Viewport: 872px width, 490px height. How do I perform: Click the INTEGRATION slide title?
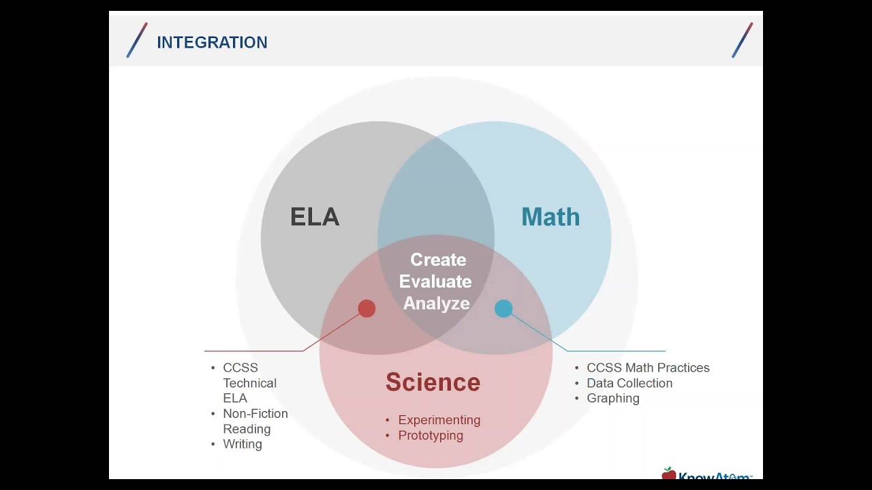(x=212, y=42)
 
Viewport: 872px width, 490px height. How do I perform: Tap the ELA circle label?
(x=315, y=216)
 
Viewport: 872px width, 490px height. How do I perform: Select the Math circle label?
(x=550, y=216)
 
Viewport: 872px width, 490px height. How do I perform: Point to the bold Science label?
(x=433, y=382)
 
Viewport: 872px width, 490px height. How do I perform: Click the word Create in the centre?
(x=438, y=260)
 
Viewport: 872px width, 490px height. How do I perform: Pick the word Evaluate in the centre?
(x=435, y=282)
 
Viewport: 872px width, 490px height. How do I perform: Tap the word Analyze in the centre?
(x=437, y=304)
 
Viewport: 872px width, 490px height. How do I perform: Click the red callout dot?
(x=367, y=308)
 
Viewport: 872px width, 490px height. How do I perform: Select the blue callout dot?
(x=503, y=308)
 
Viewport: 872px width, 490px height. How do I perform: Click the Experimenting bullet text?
(x=439, y=420)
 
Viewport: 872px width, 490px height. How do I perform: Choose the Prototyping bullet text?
(x=431, y=436)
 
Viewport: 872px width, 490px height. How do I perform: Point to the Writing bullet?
(x=243, y=444)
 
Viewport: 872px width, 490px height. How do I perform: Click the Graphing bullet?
(x=613, y=398)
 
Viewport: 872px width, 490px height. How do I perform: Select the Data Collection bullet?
(x=629, y=383)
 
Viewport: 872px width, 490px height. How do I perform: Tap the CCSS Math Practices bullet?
(x=648, y=368)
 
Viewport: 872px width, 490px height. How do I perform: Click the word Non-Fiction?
(x=255, y=413)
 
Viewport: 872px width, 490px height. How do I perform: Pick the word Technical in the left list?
(x=249, y=383)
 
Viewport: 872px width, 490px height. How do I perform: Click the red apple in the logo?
(x=669, y=473)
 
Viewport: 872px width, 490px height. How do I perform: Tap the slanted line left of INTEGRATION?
(x=137, y=40)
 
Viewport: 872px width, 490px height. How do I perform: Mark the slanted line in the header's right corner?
(x=743, y=40)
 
